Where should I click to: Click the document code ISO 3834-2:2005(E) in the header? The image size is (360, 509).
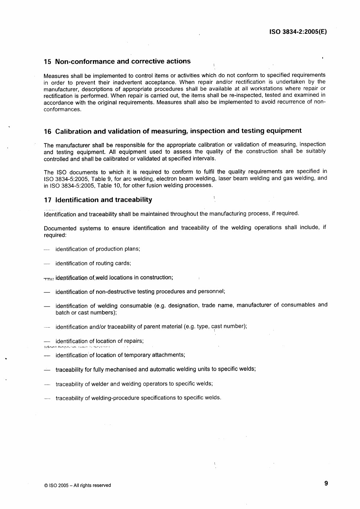coord(298,32)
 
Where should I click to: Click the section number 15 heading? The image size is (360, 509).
coord(47,62)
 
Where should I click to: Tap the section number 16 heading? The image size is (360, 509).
coord(47,131)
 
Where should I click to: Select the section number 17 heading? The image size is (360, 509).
coord(47,200)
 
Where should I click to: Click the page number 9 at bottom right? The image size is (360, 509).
coord(326,483)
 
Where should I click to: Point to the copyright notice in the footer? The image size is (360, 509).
coord(77,485)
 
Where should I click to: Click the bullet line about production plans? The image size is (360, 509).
coord(98,249)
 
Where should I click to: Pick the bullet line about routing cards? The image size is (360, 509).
coord(93,263)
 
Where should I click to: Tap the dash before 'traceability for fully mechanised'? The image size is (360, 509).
coord(47,370)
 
